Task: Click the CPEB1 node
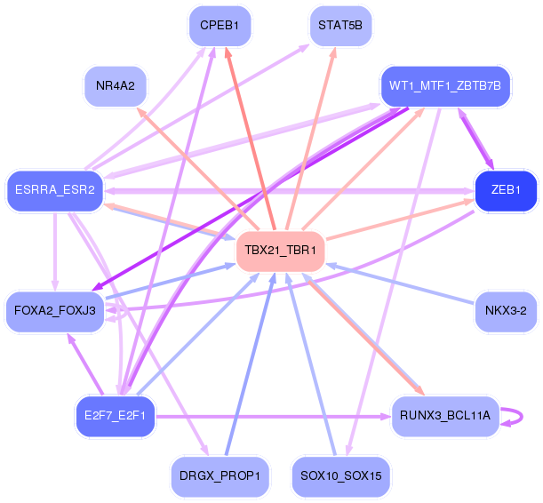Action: [220, 26]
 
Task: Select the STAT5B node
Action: [340, 26]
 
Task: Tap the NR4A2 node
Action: [115, 86]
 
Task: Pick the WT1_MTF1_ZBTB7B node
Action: [445, 86]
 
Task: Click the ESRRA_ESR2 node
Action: [55, 189]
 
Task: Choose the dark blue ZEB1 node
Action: [507, 189]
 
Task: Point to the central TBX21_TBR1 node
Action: [280, 251]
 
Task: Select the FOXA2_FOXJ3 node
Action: [55, 311]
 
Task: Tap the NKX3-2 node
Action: [507, 311]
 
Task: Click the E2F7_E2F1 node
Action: [115, 415]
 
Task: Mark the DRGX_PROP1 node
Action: [220, 475]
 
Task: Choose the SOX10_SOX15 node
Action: [340, 475]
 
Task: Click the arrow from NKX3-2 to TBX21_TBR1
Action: [400, 283]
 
